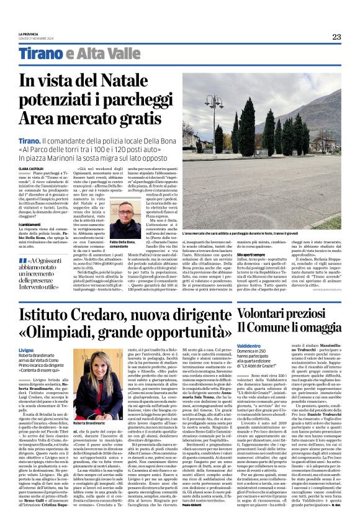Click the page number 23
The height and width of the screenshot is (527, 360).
point(336,37)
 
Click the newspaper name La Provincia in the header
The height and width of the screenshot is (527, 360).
point(28,34)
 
